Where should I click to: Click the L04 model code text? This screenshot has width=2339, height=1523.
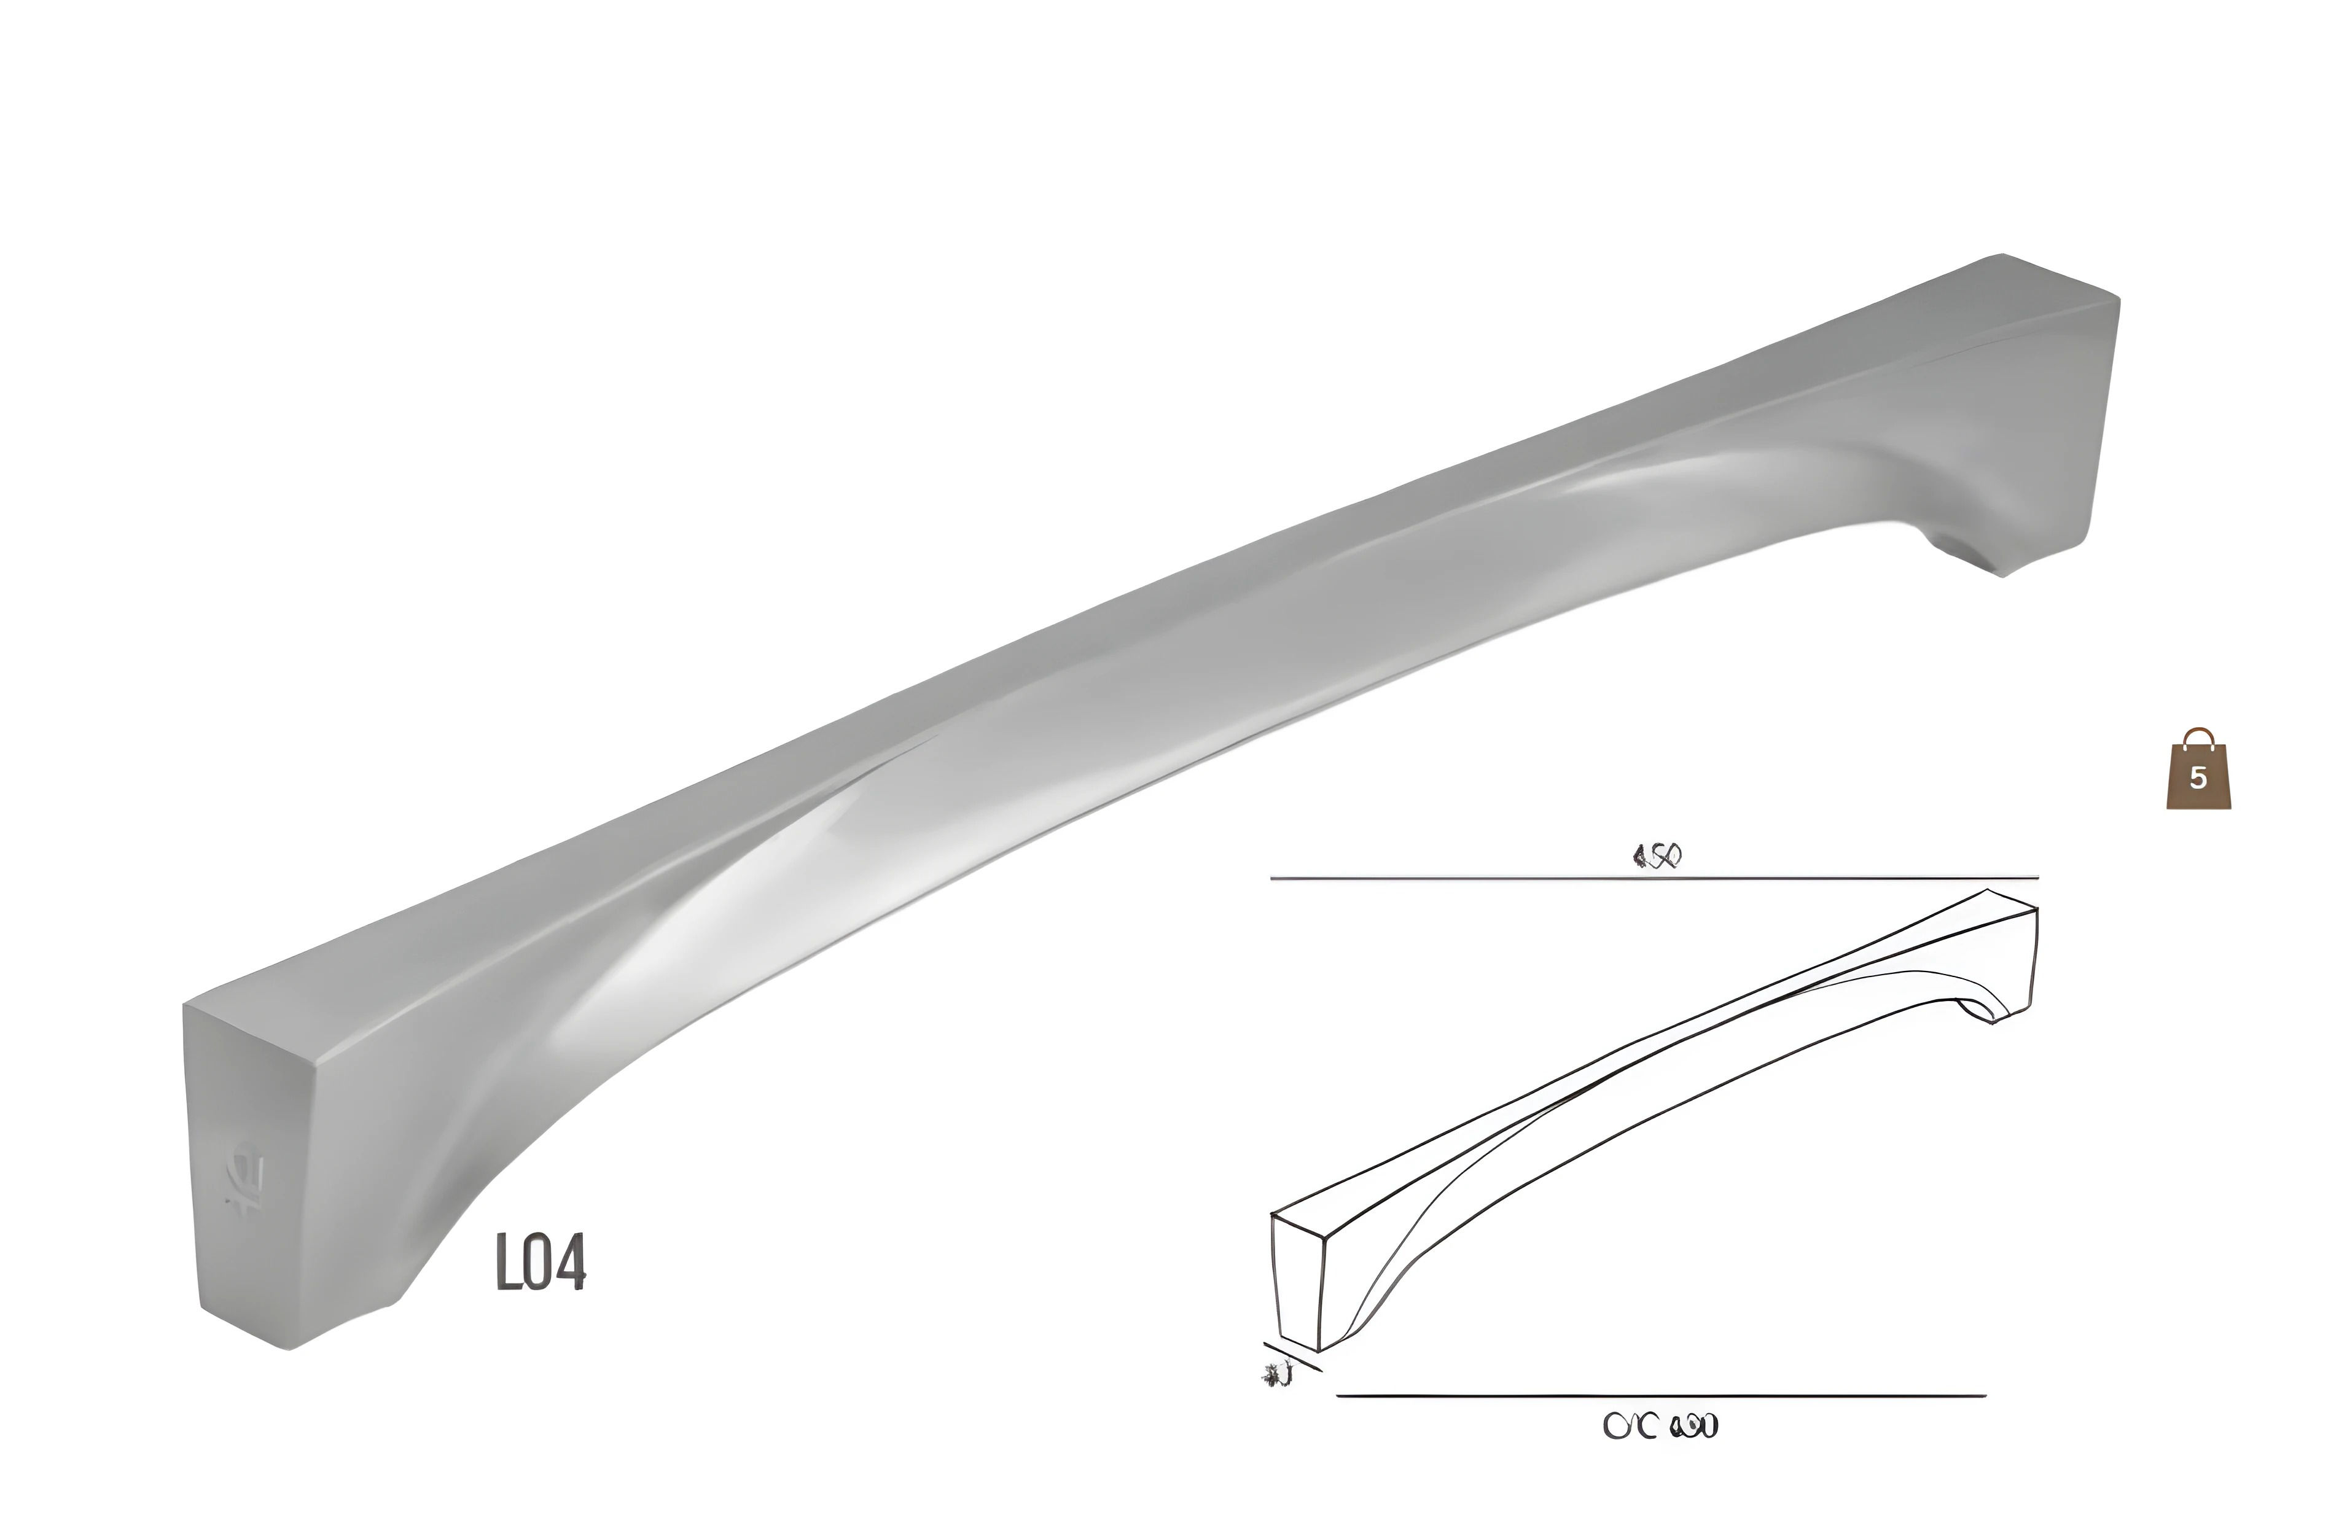[541, 1263]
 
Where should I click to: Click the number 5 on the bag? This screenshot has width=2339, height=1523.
[2198, 778]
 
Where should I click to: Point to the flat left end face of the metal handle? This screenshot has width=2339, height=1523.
[246, 1159]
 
